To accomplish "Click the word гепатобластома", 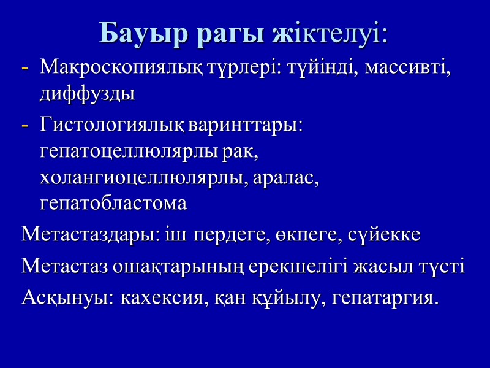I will [113, 204].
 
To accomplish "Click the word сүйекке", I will [385, 235].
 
